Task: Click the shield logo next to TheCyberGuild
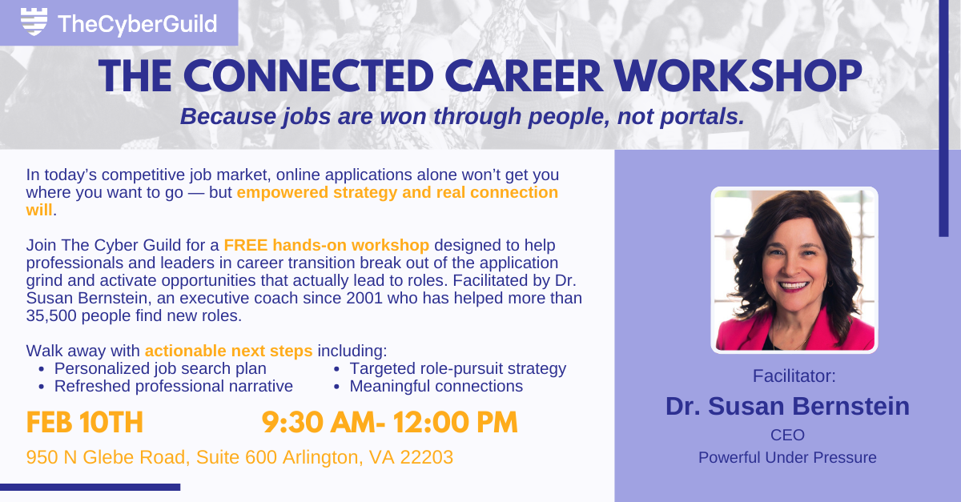coord(32,22)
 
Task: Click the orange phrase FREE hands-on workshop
coord(327,245)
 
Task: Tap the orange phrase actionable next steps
coord(228,351)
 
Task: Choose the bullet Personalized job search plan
coord(160,368)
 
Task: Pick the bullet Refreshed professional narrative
coord(173,386)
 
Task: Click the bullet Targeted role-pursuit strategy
coord(457,368)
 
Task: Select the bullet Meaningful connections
coord(436,386)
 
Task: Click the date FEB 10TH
coord(85,422)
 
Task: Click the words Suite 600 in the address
coord(239,457)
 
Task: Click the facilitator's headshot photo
coord(794,271)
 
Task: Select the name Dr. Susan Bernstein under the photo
coord(787,406)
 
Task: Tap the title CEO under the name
coord(787,435)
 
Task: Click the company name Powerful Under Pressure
coord(787,458)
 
